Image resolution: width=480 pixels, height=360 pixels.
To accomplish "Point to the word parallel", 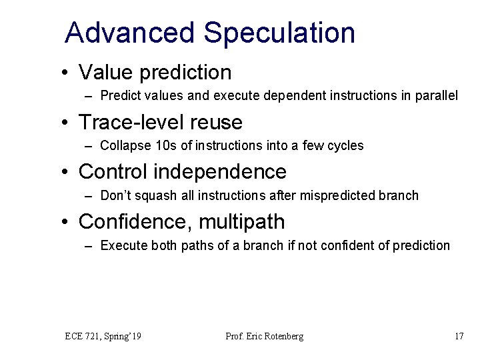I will [x=436, y=96].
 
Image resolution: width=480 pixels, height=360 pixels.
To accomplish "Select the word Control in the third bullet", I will [x=113, y=171].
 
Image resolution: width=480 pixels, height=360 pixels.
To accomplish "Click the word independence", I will [x=221, y=171].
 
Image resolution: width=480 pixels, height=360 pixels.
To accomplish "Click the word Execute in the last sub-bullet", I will [x=121, y=245].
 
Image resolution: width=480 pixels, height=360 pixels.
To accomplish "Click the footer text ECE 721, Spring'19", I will [x=103, y=336].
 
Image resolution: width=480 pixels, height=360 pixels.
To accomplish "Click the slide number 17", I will [x=459, y=336].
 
